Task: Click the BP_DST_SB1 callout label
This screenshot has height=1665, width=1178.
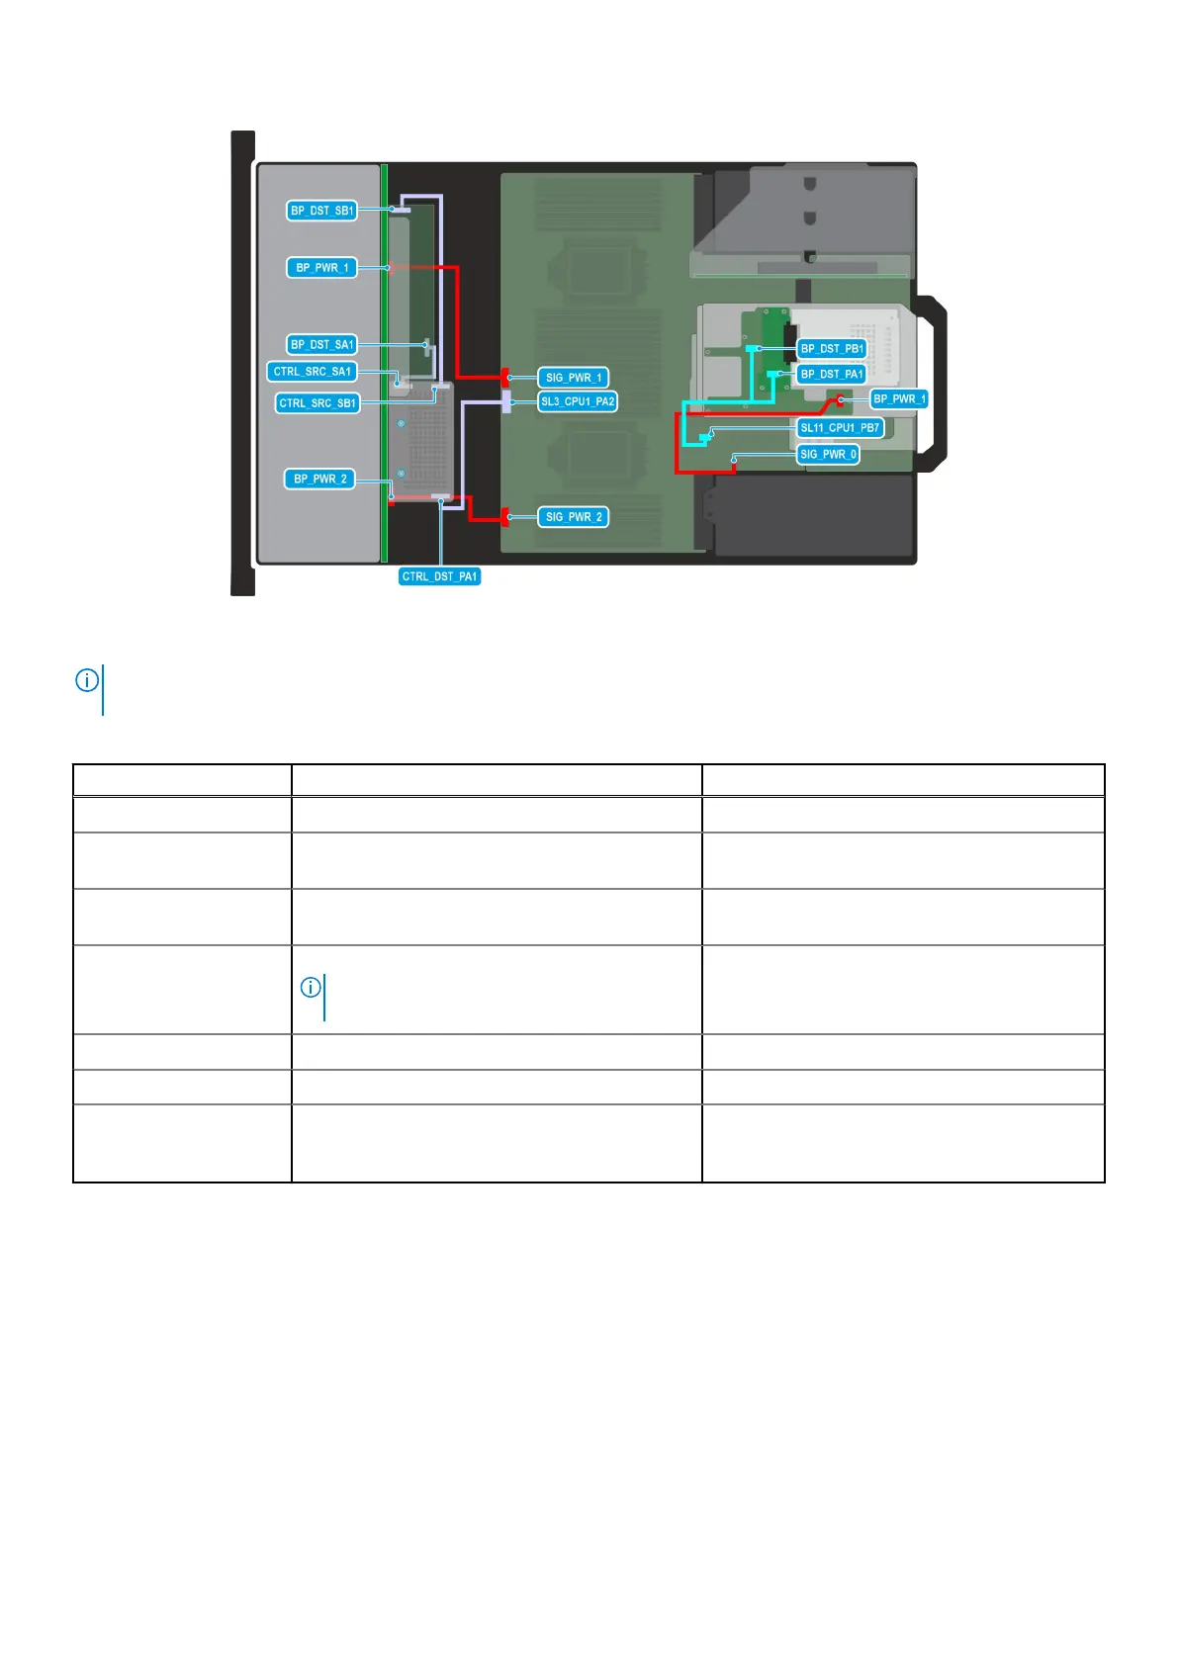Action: [321, 211]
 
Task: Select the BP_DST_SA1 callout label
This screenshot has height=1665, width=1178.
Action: [321, 345]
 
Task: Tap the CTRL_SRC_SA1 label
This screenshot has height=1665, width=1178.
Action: [312, 372]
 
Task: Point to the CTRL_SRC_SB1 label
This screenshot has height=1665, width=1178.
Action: [317, 403]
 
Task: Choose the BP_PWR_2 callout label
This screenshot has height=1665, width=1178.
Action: [319, 479]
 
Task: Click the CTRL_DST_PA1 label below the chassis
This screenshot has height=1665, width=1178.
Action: [439, 576]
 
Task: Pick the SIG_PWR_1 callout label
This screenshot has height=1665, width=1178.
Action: [574, 378]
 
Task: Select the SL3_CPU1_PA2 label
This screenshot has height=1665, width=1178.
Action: [578, 401]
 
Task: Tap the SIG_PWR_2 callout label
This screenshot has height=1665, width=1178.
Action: [574, 517]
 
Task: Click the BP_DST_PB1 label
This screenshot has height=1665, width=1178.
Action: [832, 349]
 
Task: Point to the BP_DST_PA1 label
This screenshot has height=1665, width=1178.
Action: [832, 374]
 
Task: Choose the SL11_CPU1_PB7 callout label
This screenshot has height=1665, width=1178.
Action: [840, 428]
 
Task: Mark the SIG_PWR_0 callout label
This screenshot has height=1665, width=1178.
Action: [828, 455]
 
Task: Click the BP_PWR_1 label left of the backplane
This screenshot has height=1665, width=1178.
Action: [321, 268]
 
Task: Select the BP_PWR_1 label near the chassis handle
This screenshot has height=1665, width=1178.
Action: [899, 399]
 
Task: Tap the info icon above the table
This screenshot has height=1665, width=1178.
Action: [87, 680]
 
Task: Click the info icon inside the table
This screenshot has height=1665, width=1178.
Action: [311, 987]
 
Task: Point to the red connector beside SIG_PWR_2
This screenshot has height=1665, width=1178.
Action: [504, 517]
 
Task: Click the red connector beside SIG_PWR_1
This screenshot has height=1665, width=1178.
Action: [504, 377]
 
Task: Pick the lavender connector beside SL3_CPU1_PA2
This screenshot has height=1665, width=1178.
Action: [506, 401]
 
